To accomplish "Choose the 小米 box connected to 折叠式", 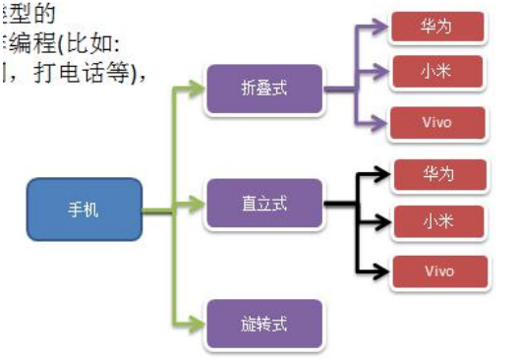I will [x=437, y=70].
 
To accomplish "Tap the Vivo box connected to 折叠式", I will [x=437, y=123].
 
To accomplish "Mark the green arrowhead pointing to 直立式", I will [x=201, y=208].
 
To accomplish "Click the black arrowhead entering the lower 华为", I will [x=385, y=176].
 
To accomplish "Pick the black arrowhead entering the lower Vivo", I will [x=385, y=270].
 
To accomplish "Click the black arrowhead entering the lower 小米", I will [x=385, y=219].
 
